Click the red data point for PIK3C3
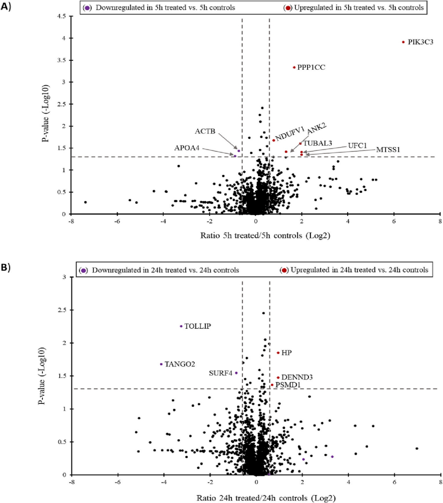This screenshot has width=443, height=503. coord(403,42)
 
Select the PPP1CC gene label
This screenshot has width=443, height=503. coord(311,67)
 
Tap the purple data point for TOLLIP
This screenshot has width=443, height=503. coord(181,326)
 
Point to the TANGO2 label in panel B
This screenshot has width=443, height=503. coord(180,364)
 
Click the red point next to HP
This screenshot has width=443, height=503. coord(278,353)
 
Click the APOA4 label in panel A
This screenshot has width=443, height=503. coord(186,148)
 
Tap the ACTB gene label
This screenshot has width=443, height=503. coord(205,132)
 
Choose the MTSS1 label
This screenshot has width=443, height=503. coord(387,149)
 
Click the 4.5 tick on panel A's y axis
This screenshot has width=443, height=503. coord(62,16)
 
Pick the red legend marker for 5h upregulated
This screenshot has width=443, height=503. coord(287,8)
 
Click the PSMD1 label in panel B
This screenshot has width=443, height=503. coord(288,385)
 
